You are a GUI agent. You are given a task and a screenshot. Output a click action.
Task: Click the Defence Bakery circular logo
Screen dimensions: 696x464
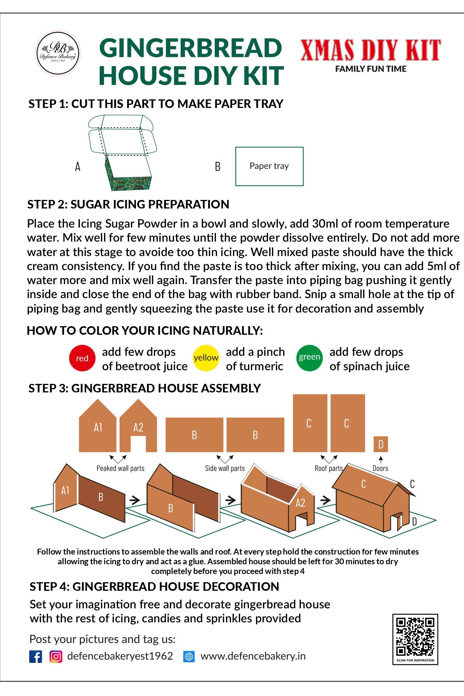tap(58, 53)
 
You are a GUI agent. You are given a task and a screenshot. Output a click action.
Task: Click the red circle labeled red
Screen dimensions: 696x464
tap(82, 358)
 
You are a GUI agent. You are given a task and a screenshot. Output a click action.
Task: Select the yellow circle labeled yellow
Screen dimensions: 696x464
tap(206, 358)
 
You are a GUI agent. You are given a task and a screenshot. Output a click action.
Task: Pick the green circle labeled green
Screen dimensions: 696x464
tap(309, 358)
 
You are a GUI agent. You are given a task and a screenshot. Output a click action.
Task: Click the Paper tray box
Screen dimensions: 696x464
tap(269, 166)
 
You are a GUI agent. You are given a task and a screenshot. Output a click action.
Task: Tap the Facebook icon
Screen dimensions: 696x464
tap(35, 656)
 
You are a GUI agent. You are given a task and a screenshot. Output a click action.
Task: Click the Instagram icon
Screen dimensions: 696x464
tap(56, 656)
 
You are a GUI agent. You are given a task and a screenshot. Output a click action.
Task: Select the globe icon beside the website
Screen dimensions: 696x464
tap(189, 656)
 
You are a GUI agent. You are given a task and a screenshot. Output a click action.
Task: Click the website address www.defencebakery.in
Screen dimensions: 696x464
tap(253, 656)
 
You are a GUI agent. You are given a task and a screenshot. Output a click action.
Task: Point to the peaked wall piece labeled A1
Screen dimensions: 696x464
tap(98, 429)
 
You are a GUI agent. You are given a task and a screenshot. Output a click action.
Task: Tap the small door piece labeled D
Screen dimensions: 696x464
tap(381, 444)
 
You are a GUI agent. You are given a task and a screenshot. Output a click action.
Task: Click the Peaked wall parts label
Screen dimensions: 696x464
tap(120, 468)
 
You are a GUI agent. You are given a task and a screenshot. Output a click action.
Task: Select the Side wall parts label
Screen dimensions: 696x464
tap(225, 468)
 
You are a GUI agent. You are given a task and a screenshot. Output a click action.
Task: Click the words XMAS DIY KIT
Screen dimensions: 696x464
tap(370, 51)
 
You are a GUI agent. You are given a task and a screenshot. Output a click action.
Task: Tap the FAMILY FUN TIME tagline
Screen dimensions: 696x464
tap(370, 69)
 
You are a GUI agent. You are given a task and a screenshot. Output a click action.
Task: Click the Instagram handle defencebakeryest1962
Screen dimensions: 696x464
tap(120, 656)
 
